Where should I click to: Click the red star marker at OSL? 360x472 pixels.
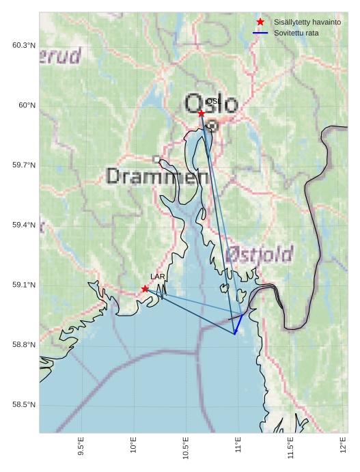click(202, 113)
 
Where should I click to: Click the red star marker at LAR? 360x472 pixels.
click(145, 289)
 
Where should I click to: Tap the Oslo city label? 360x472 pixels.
click(212, 104)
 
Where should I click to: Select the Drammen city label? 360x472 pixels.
click(158, 177)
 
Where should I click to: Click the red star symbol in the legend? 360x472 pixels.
click(260, 22)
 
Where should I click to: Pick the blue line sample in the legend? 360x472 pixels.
click(260, 33)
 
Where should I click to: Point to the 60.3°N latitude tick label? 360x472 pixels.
click(24, 45)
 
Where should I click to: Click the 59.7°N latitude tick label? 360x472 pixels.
click(24, 165)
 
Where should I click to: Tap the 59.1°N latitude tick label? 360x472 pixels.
click(24, 285)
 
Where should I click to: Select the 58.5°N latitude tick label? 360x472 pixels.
click(24, 405)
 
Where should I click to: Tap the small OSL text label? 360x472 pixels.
click(212, 101)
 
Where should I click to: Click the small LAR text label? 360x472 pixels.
click(158, 277)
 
